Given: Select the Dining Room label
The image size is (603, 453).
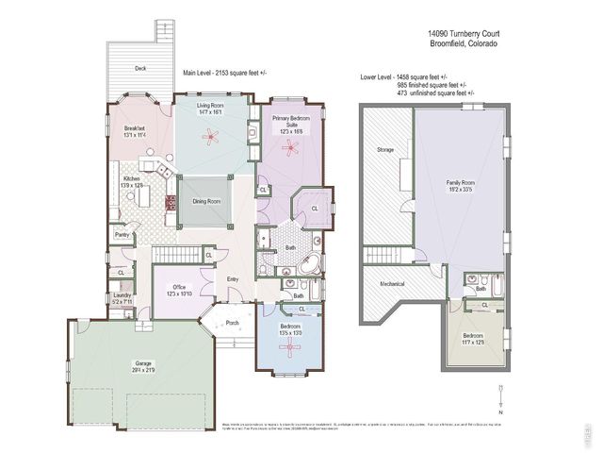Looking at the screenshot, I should click(206, 201).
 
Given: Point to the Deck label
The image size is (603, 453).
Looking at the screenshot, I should click(140, 68).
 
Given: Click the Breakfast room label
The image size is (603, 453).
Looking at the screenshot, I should click(135, 130).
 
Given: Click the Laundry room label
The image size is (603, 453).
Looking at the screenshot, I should click(122, 297).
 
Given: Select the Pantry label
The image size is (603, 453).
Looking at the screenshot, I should click(122, 234).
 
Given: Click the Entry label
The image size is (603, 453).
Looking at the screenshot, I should click(233, 278).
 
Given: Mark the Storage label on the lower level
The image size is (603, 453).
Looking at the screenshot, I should click(385, 149).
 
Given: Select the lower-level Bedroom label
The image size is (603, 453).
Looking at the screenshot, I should click(473, 338).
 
